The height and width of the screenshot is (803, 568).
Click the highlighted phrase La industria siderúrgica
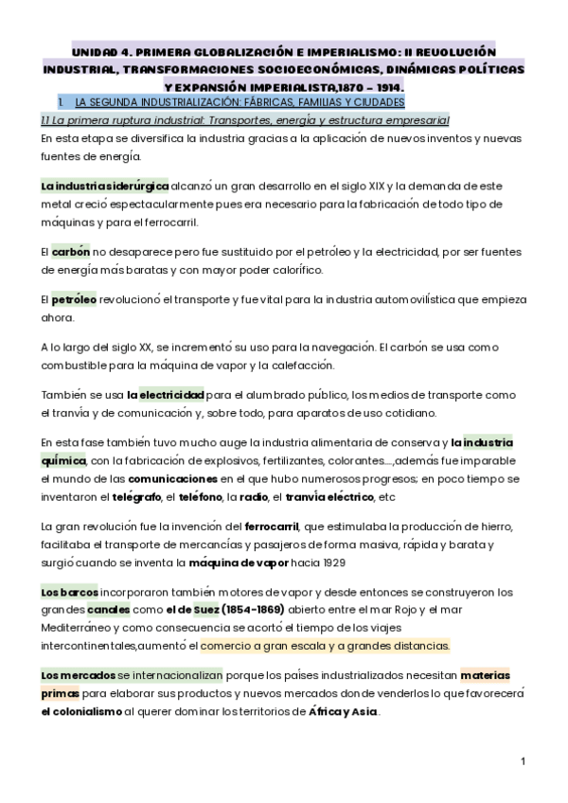(x=105, y=187)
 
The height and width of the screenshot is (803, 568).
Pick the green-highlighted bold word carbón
(x=71, y=252)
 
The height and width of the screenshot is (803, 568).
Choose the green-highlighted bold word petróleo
(x=74, y=299)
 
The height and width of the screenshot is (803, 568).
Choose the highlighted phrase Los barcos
(x=62, y=592)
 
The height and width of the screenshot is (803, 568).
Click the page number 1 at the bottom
(x=523, y=761)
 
